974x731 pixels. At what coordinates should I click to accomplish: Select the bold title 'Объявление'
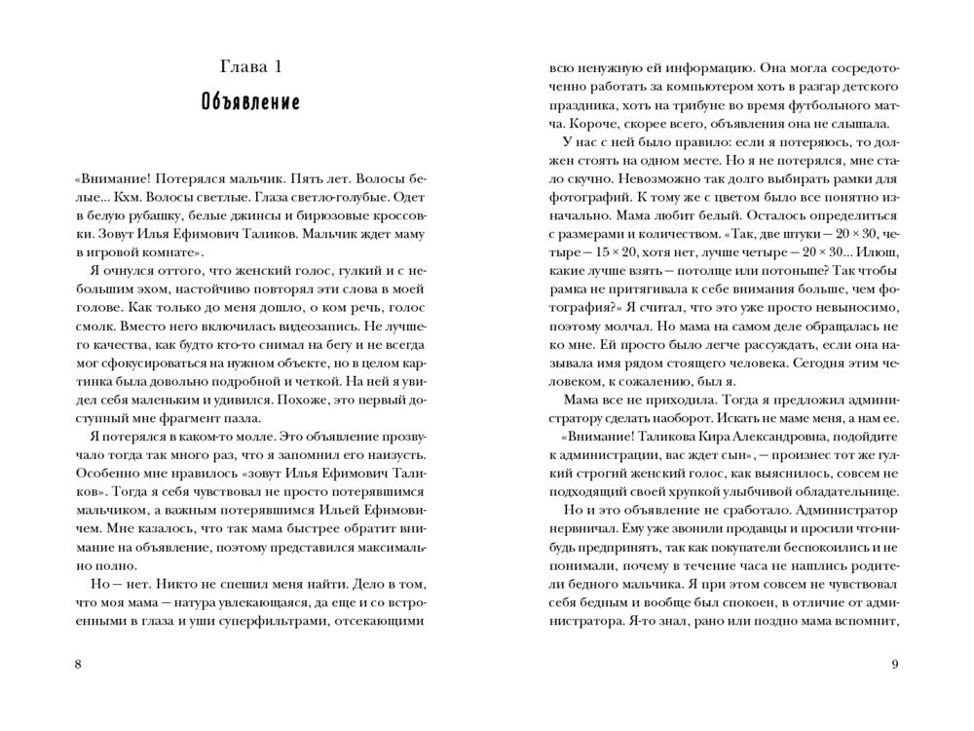[251, 102]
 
